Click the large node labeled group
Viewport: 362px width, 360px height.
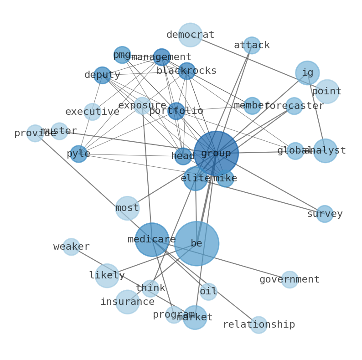coord(216,154)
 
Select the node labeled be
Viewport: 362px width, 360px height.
coord(197,243)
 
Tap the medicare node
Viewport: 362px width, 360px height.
coord(152,239)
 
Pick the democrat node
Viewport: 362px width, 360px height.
coord(190,35)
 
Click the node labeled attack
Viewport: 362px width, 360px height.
coord(252,46)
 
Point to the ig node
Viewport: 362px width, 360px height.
coord(307,73)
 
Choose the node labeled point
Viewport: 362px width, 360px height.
coord(326,92)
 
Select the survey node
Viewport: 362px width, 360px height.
coord(325,214)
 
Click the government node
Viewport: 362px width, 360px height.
coord(290,279)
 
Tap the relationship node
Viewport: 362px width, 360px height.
coord(259,324)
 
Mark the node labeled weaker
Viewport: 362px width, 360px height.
coord(71,247)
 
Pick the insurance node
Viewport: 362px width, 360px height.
coord(127,302)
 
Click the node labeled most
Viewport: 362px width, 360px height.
coord(127,208)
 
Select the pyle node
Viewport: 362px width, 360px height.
coord(78,154)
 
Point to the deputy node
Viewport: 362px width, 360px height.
coord(102,75)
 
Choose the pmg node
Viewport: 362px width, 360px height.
coord(122,55)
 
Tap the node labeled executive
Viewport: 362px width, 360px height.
coord(92,112)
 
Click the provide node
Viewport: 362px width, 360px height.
coord(35,134)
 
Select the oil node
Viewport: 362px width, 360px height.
coord(208,292)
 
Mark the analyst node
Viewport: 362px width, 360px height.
coord(325,151)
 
